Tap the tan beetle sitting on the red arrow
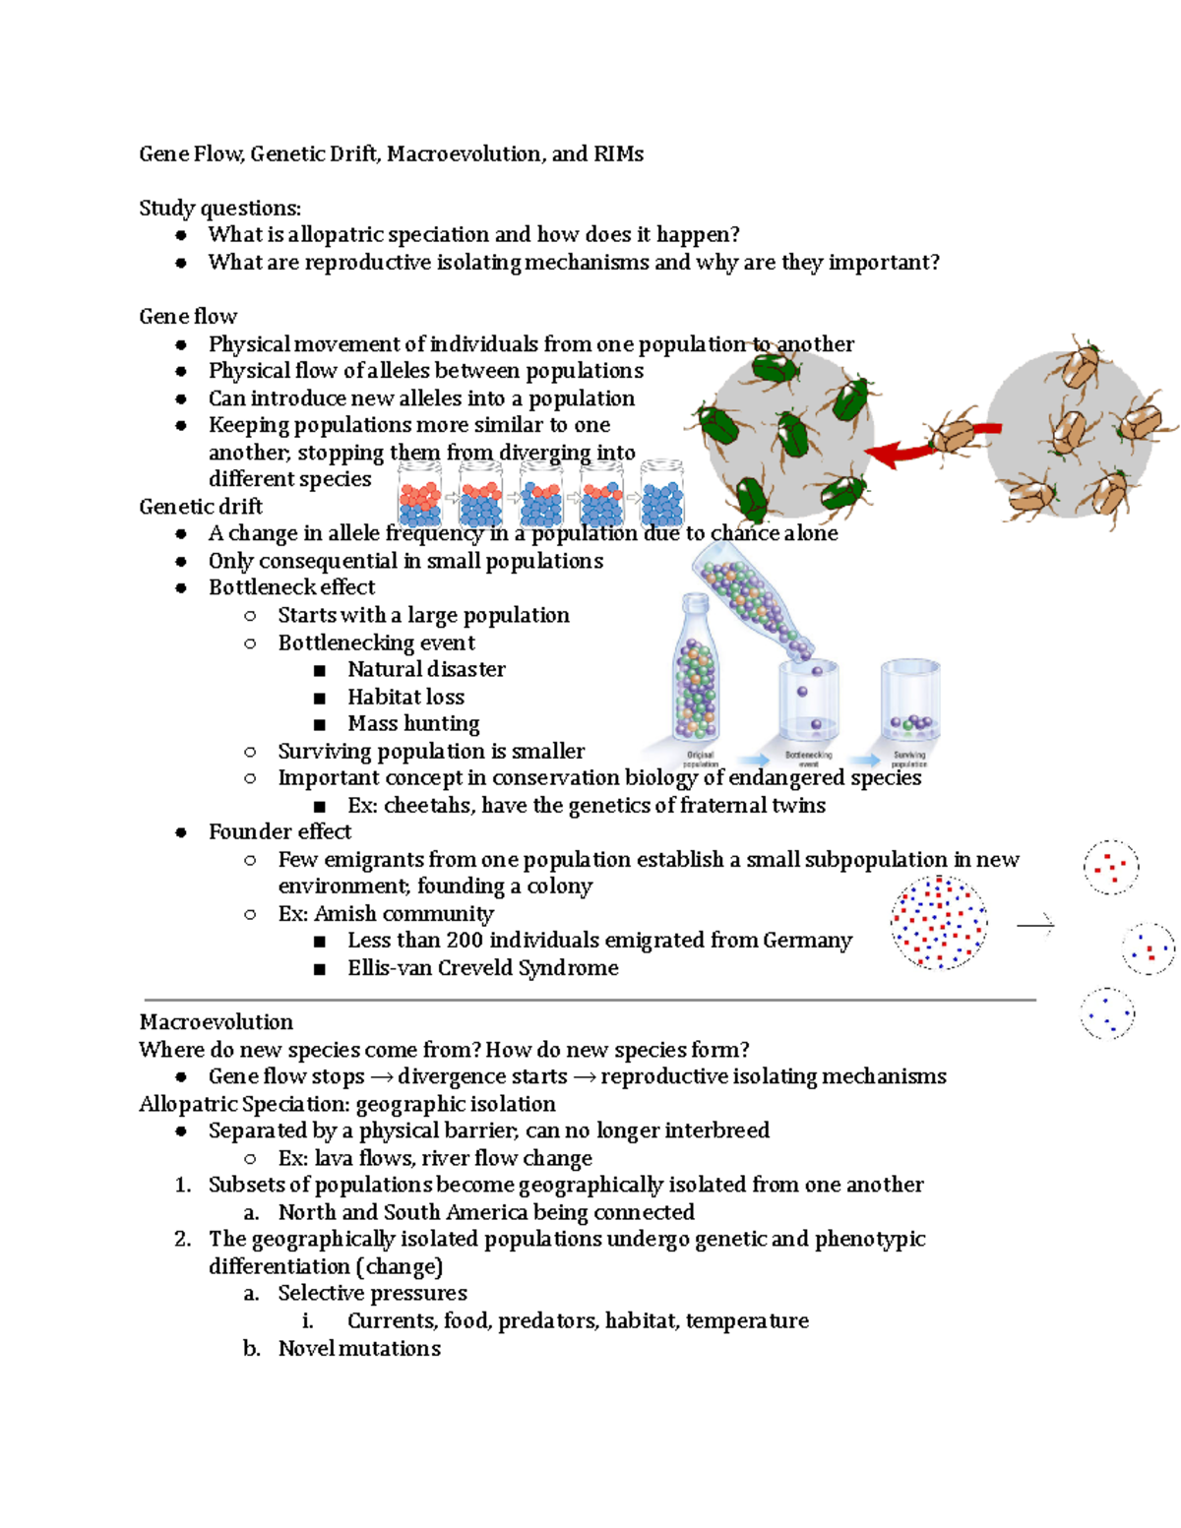coord(954,434)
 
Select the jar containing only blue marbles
coord(662,495)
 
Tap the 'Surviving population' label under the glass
coord(908,760)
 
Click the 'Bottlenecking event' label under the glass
coord(808,760)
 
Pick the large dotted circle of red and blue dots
coord(939,922)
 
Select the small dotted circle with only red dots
coord(1111,867)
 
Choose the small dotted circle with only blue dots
coord(1107,1013)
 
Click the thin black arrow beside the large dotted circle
coord(1034,924)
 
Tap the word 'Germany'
coord(807,941)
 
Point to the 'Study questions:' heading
coord(219,209)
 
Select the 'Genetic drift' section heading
coord(201,507)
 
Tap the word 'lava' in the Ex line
coord(333,1158)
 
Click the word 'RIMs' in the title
coord(618,154)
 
